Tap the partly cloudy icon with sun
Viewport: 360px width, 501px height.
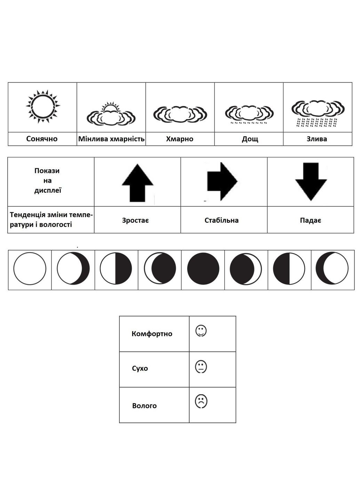coord(111,114)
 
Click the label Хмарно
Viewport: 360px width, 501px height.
coord(179,139)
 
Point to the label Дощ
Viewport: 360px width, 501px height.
coord(250,139)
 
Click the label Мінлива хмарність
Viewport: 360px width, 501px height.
coord(111,139)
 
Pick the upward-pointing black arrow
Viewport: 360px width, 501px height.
coord(137,183)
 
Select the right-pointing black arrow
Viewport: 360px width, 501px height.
coord(222,181)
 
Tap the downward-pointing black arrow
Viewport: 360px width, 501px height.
coord(311,181)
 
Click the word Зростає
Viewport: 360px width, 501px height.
coord(136,220)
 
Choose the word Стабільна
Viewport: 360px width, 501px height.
coord(222,220)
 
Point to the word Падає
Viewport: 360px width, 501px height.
coord(310,220)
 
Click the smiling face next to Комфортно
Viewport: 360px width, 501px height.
coord(201,331)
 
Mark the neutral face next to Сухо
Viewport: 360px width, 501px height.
coord(201,366)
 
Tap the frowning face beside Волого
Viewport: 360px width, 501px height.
coord(201,401)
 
